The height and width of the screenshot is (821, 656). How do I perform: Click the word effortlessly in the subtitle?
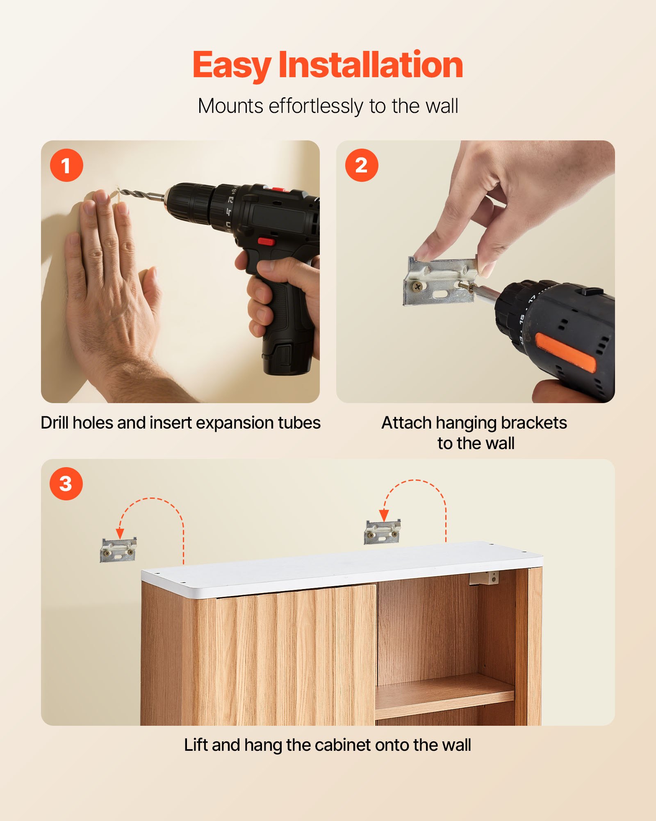tap(315, 106)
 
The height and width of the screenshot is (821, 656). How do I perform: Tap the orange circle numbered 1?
tap(66, 165)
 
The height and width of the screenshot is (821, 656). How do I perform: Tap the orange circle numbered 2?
tap(361, 165)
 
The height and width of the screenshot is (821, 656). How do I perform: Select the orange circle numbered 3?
tap(66, 484)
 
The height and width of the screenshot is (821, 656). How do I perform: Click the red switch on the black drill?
tap(266, 241)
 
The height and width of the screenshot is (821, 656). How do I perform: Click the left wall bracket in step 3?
tap(118, 550)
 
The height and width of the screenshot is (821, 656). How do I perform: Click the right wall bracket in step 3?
tap(382, 532)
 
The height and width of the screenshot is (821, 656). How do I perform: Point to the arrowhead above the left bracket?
tap(120, 533)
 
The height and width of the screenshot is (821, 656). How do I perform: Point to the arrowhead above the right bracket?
tap(384, 515)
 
